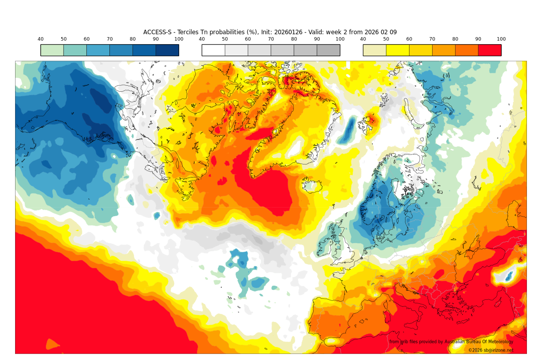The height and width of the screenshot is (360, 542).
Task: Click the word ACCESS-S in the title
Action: [x=158, y=32]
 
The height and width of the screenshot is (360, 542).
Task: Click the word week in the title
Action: [x=334, y=32]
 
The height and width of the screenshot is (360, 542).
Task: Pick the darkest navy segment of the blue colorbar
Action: [x=167, y=50]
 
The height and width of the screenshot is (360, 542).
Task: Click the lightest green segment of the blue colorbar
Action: [x=52, y=50]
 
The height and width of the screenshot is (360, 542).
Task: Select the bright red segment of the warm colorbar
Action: [x=489, y=50]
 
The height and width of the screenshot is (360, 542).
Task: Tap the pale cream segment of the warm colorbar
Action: [x=374, y=50]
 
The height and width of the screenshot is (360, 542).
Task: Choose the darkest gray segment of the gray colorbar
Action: [x=328, y=50]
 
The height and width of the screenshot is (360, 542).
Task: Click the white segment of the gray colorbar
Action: [x=213, y=50]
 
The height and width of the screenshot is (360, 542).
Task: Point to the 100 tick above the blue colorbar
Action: [x=179, y=39]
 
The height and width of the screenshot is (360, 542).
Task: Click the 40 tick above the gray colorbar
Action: [x=202, y=39]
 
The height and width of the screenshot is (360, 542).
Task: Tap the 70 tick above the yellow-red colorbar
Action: [x=432, y=39]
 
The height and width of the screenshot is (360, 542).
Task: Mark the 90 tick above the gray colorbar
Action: [x=317, y=39]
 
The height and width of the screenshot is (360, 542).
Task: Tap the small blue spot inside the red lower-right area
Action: [x=508, y=276]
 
